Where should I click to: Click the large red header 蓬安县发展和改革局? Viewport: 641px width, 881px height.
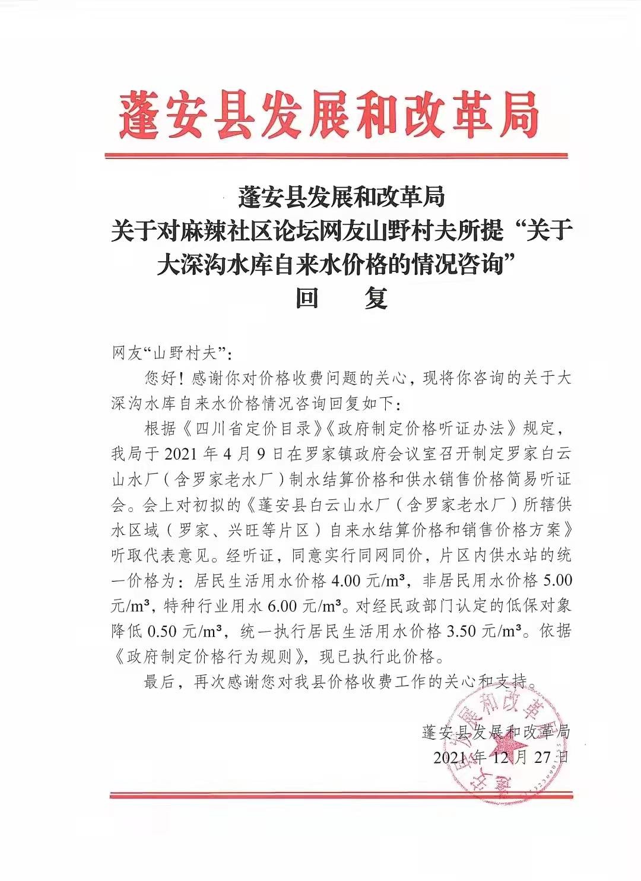[329, 114]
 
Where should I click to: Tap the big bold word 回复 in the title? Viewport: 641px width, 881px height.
[341, 298]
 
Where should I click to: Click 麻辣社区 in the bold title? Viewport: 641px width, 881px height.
[224, 231]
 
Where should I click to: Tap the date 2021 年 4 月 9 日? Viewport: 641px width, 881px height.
[224, 454]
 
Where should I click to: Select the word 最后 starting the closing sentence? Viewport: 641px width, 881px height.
[160, 682]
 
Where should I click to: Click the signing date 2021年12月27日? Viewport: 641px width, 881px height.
[502, 757]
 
